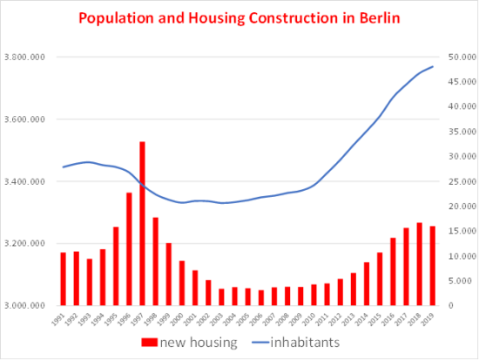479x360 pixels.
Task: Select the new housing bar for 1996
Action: point(129,249)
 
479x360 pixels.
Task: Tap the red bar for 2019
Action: point(433,266)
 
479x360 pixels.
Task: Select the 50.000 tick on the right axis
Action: point(457,58)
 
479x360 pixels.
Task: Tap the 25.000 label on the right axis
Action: point(457,181)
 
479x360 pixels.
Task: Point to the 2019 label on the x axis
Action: point(431,320)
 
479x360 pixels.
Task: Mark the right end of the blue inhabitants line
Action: point(433,67)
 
